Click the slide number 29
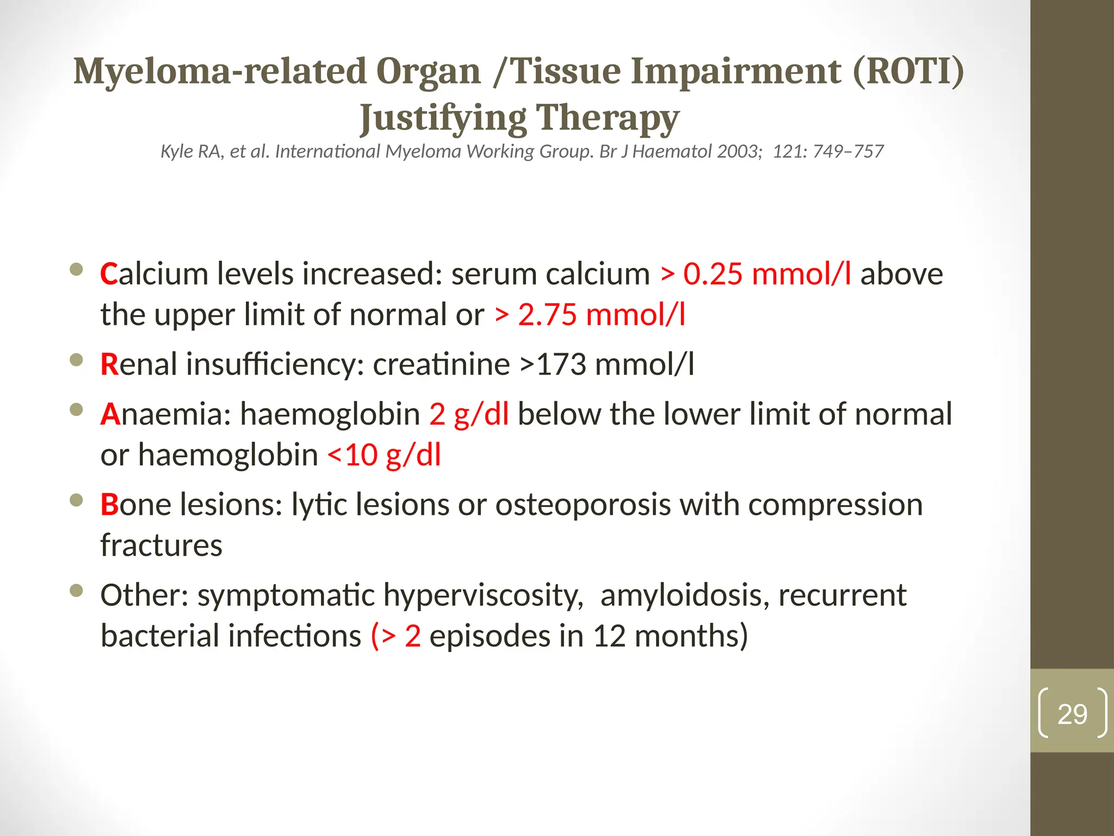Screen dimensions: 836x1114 pyautogui.click(x=1072, y=714)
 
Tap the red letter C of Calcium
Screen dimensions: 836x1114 pyautogui.click(x=109, y=274)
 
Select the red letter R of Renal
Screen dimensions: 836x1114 pyautogui.click(x=109, y=365)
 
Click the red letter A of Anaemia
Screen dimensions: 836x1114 pyautogui.click(x=109, y=414)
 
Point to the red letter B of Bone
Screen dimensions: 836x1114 pyautogui.click(x=109, y=505)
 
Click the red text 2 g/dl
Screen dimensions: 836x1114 pyautogui.click(x=469, y=414)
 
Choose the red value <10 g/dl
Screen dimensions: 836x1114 pyautogui.click(x=384, y=456)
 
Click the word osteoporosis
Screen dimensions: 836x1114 pyautogui.click(x=583, y=505)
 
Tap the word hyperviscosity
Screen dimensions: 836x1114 pyautogui.click(x=483, y=595)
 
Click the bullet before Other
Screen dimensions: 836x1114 pyautogui.click(x=77, y=590)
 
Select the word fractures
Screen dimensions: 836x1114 pyautogui.click(x=162, y=545)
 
